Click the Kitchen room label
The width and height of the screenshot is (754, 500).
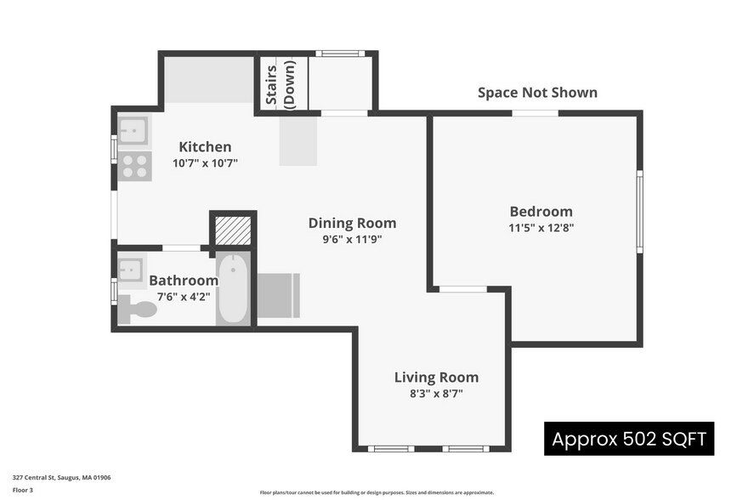(x=204, y=147)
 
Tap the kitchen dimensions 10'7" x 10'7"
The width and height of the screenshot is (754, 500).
(x=205, y=162)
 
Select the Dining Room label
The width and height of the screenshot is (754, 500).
(x=352, y=223)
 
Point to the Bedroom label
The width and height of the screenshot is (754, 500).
(x=541, y=212)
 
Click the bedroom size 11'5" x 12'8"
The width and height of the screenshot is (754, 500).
(x=541, y=227)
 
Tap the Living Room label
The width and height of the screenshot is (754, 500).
(x=436, y=378)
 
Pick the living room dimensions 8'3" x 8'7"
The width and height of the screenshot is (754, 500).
(x=436, y=393)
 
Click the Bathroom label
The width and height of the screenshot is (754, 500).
(x=184, y=281)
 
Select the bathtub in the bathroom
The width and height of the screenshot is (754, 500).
(x=232, y=289)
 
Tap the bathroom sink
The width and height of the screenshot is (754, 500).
(x=132, y=270)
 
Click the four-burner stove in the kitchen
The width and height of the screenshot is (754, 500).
(x=135, y=166)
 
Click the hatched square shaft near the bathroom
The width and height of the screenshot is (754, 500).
(x=233, y=230)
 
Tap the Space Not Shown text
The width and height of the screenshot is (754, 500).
(x=537, y=93)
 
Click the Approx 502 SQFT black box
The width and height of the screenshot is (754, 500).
(x=629, y=440)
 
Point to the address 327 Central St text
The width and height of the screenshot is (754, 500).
(x=61, y=478)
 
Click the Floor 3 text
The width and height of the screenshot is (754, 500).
(x=23, y=490)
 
